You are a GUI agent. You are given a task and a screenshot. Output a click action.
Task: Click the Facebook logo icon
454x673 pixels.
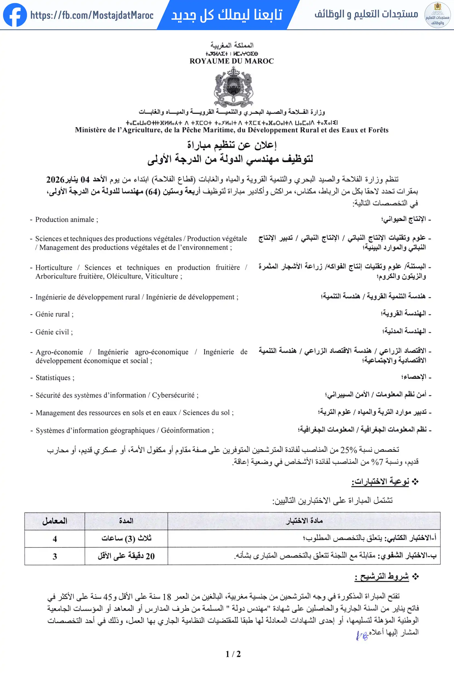(15, 15)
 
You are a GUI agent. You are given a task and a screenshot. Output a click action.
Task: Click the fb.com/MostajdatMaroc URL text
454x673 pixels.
(92, 15)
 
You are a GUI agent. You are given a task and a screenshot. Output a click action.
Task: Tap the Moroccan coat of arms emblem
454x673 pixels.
(233, 87)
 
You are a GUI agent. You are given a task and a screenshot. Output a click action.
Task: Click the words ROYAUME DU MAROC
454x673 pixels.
(232, 61)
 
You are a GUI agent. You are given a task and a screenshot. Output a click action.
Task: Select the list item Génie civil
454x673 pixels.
(52, 332)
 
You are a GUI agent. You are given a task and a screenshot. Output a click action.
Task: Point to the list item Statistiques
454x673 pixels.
(53, 378)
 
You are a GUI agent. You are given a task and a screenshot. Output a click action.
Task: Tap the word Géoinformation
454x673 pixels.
(186, 430)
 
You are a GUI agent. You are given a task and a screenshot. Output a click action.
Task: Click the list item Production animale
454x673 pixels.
(65, 220)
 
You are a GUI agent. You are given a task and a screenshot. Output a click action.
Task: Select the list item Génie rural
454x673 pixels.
(53, 314)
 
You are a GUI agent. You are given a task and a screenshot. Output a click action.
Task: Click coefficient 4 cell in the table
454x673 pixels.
(55, 539)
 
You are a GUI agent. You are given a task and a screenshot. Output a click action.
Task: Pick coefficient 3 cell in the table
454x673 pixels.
(55, 556)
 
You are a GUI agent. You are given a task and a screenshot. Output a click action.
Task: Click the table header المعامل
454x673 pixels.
(55, 521)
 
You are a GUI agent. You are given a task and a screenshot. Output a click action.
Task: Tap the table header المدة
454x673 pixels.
(126, 521)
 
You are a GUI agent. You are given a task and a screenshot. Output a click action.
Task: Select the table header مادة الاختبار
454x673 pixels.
(304, 521)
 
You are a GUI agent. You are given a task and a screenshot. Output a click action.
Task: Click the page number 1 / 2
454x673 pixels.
(233, 654)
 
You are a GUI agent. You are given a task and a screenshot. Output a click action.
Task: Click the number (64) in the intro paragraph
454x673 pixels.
(152, 192)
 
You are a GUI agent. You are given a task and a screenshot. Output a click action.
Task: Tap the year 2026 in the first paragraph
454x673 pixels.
(55, 180)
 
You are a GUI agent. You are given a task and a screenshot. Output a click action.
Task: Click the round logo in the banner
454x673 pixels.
(437, 15)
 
